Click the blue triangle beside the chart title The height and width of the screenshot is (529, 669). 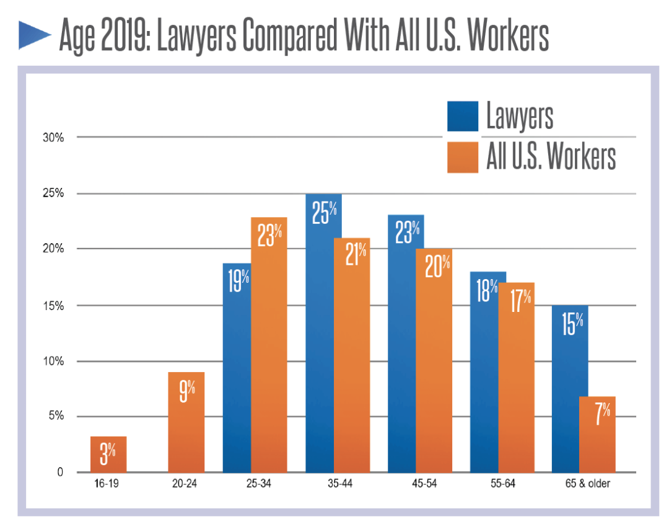pos(35,35)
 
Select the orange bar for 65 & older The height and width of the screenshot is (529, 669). pos(597,440)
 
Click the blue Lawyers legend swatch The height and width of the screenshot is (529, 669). pos(462,116)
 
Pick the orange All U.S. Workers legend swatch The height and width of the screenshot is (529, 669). pos(462,158)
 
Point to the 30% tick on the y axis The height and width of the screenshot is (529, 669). pos(53,138)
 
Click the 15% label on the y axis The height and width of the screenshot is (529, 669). pos(53,306)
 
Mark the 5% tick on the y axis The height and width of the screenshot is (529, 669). pos(56,416)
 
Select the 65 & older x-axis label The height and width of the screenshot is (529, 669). pos(585,484)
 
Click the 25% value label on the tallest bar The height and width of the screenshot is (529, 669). pos(324,214)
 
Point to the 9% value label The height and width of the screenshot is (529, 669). pos(186,392)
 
